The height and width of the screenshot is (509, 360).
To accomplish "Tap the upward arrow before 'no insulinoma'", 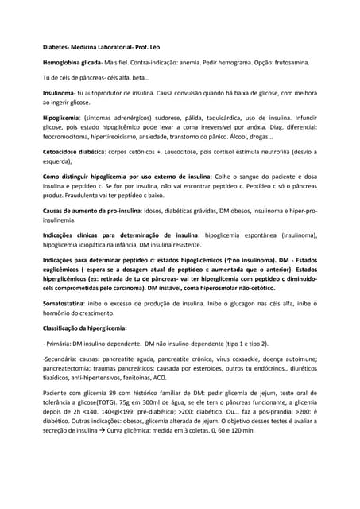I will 228,259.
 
